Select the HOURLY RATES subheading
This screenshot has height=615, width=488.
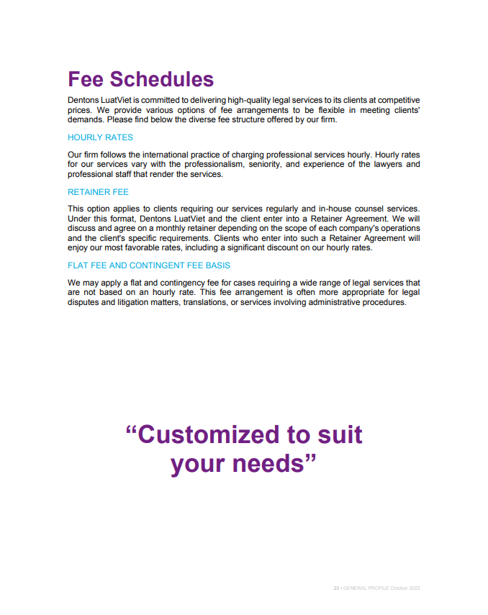[100, 137]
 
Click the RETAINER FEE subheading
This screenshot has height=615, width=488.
[98, 192]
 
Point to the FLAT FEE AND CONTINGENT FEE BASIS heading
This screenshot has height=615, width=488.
[149, 265]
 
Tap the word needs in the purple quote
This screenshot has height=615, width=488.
[276, 464]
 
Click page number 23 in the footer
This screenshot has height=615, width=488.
[335, 588]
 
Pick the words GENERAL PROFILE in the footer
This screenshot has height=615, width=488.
[367, 588]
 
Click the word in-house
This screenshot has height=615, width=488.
[308, 209]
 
